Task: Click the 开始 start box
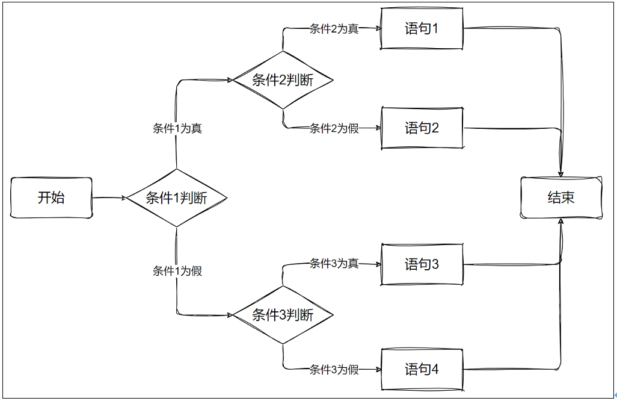(x=51, y=197)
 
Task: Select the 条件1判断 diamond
(x=176, y=197)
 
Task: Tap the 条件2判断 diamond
(x=283, y=79)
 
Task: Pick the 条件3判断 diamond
(x=283, y=314)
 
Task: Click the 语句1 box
(x=422, y=28)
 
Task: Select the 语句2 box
(x=422, y=128)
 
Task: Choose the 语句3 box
(x=422, y=264)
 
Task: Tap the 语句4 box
(x=422, y=369)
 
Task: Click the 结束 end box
(x=561, y=197)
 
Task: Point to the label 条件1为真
(x=177, y=128)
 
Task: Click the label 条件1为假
(x=177, y=271)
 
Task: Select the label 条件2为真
(x=334, y=29)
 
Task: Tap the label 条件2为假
(x=334, y=128)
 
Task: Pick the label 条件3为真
(x=334, y=263)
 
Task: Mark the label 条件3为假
(x=334, y=370)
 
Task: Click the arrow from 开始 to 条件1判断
(x=108, y=197)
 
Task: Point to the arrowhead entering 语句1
(x=378, y=28)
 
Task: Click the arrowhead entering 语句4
(x=378, y=369)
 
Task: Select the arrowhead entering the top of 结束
(x=561, y=174)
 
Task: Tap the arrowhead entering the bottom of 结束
(x=561, y=222)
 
